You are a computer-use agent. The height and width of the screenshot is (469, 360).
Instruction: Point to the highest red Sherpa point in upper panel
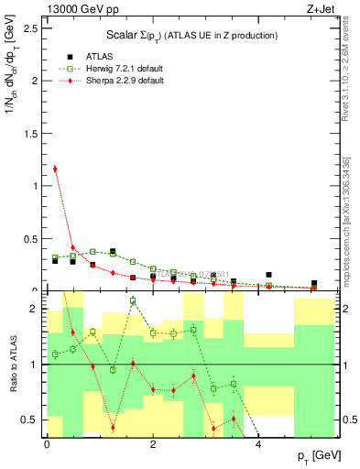(55, 169)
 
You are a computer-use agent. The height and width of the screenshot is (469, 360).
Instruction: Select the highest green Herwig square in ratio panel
(133, 300)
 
